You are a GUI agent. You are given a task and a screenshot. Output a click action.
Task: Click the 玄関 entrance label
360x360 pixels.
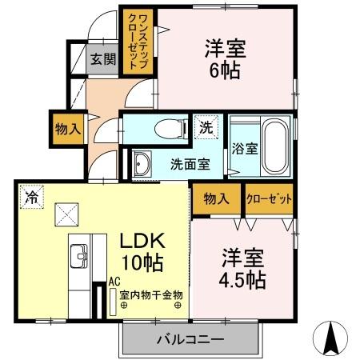pos(102,58)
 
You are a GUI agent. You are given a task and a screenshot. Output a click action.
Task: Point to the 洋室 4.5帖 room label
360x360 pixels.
pos(243,269)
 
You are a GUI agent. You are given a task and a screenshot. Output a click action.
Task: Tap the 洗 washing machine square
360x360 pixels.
pos(206,126)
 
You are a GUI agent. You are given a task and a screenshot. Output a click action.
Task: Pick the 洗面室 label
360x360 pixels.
pos(190,164)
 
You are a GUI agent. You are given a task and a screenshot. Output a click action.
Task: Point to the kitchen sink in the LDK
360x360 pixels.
pos(81,258)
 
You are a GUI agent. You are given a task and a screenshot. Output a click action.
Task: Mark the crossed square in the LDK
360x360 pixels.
pos(66,214)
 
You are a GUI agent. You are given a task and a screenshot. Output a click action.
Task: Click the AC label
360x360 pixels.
pos(115,282)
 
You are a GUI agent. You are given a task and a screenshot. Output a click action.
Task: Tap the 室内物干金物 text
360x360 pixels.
pos(151,294)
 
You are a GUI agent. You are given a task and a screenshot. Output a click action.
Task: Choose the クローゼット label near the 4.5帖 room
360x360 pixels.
pos(268,198)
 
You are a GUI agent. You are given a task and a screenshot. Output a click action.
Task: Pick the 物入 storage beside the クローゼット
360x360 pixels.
pos(216,198)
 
